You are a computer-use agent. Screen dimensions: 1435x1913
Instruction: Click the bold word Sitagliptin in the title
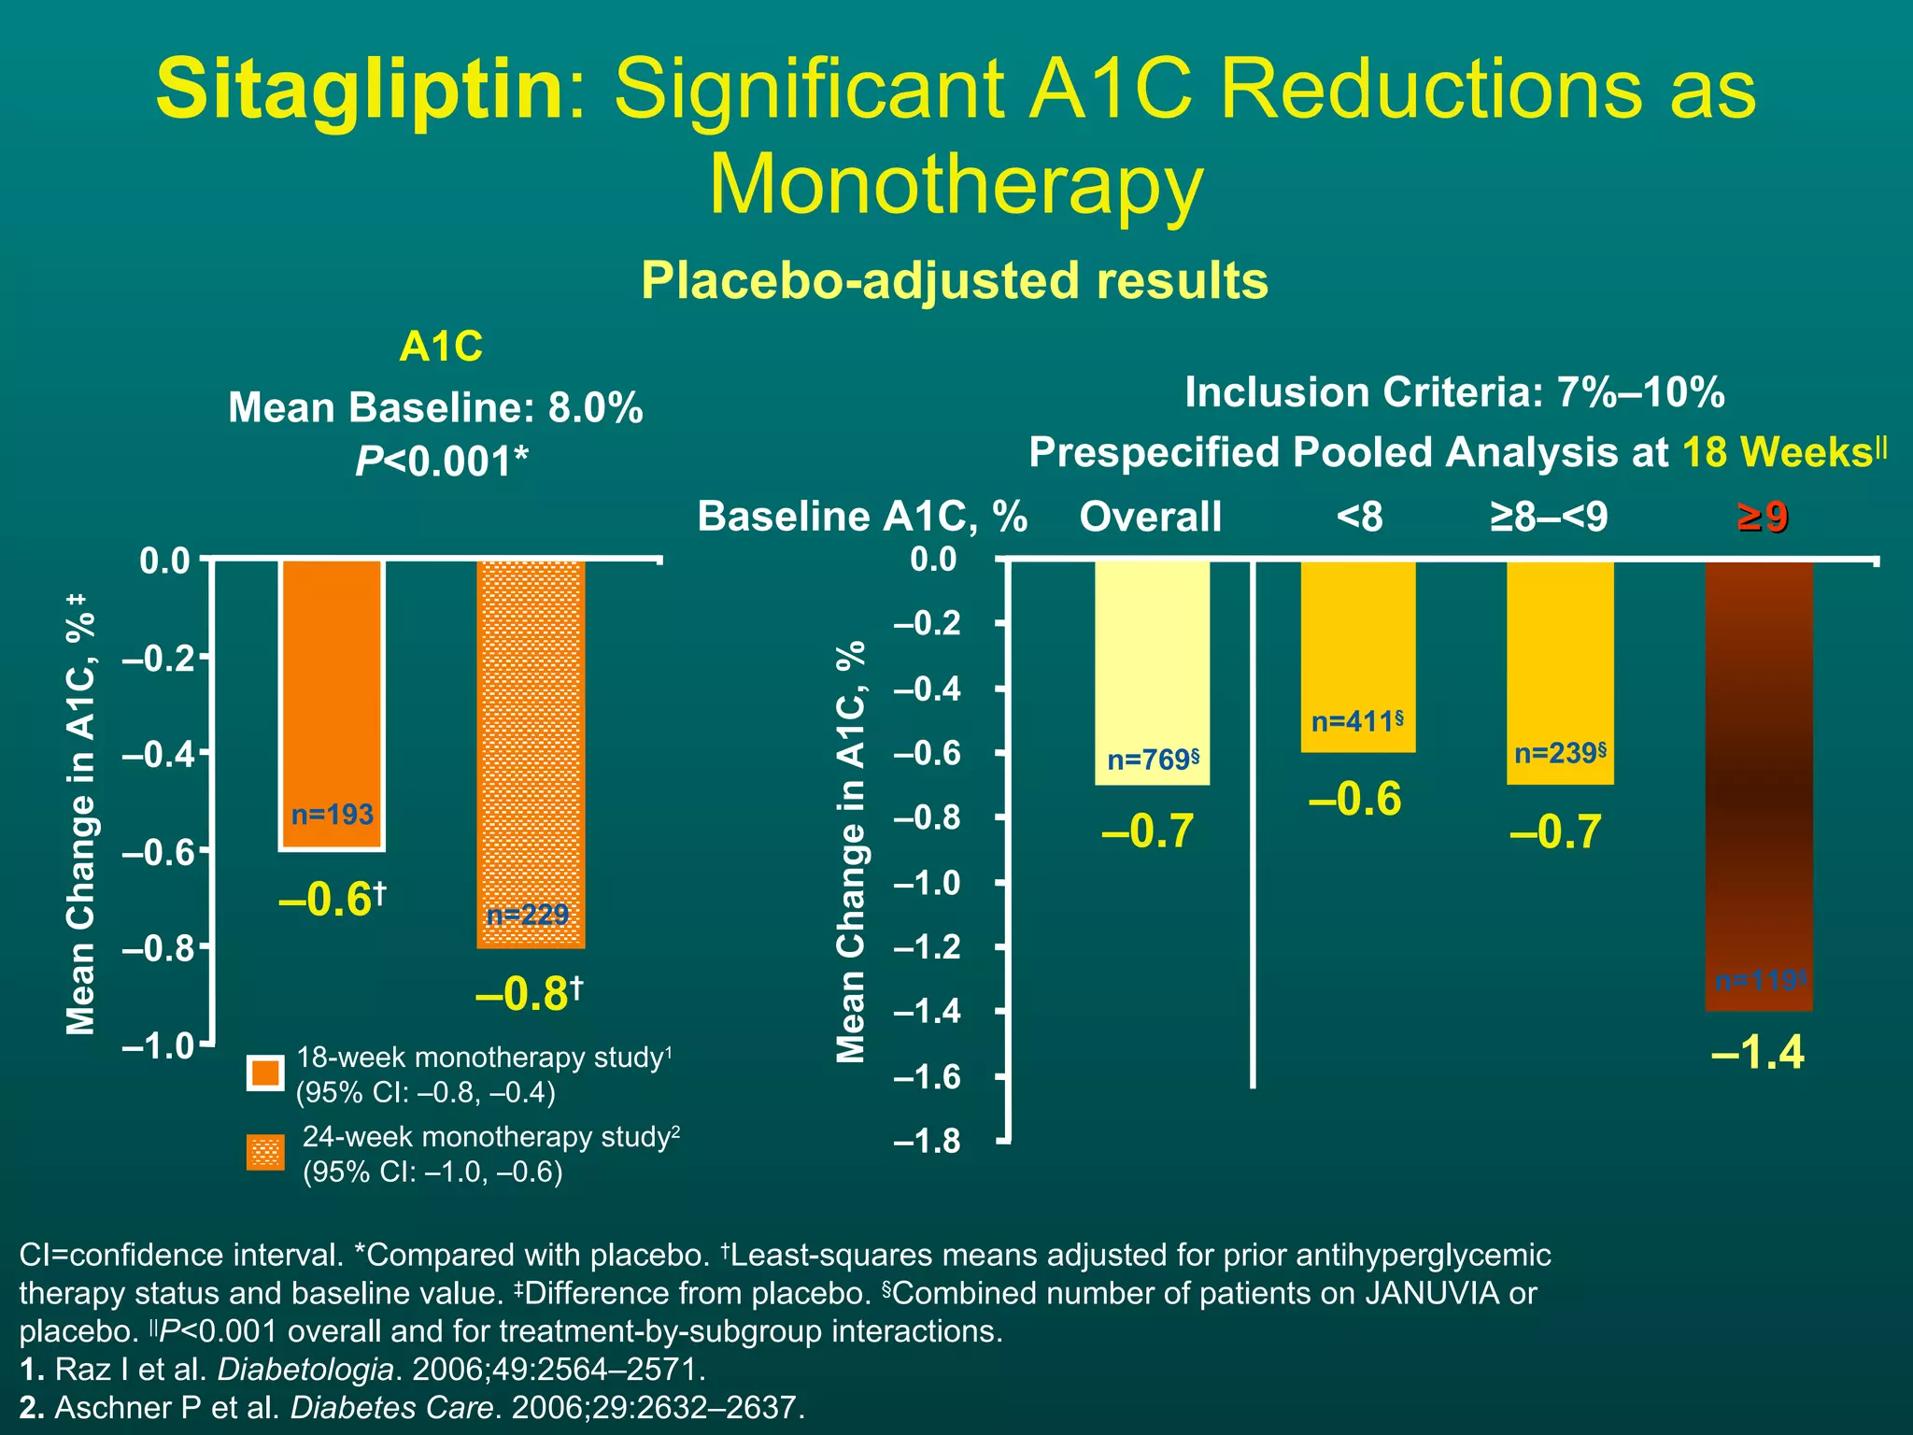point(360,90)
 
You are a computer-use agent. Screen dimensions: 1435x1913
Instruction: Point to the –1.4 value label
point(1758,1053)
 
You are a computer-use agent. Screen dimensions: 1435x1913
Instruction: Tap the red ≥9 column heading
point(1763,517)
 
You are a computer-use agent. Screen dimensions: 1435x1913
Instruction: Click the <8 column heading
point(1359,517)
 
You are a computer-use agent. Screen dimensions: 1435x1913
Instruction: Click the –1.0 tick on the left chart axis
point(157,1045)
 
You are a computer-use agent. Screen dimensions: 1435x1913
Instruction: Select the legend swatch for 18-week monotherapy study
point(265,1073)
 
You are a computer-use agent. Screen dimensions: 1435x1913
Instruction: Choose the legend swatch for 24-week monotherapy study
point(265,1153)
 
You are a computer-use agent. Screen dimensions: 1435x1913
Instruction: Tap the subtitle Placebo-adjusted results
point(955,280)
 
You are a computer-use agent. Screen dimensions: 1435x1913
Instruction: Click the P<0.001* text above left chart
point(441,461)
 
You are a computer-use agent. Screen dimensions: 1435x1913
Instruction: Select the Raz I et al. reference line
point(362,1370)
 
